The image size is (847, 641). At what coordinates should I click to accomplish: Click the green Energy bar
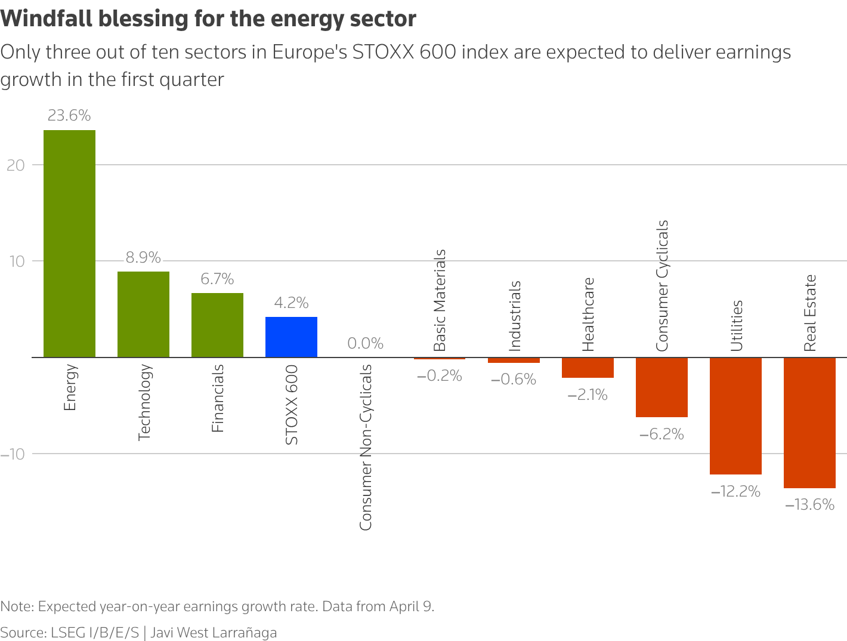tap(69, 244)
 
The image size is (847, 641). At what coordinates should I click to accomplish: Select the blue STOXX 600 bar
tap(291, 337)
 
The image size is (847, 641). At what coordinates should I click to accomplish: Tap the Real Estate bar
tap(809, 423)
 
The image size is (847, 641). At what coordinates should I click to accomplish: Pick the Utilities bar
tap(735, 416)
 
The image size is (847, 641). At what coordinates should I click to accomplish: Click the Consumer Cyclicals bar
tap(661, 387)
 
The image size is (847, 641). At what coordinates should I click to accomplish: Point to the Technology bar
tap(143, 315)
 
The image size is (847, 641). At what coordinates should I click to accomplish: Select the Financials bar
tap(217, 325)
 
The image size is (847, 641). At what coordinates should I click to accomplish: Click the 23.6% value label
tap(69, 116)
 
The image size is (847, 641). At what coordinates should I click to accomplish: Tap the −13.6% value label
tap(809, 505)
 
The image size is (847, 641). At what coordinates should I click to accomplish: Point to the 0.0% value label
tap(365, 343)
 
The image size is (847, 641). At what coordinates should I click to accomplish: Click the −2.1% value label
tap(588, 395)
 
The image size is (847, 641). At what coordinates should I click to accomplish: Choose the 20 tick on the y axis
tap(16, 165)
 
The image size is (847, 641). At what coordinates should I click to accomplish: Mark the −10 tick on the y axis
tap(13, 454)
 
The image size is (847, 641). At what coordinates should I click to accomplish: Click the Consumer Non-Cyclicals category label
tap(366, 447)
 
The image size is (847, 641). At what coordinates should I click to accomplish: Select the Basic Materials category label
tap(440, 300)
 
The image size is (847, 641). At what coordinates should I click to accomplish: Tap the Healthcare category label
tap(588, 315)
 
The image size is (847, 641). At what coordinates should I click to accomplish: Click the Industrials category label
tap(514, 316)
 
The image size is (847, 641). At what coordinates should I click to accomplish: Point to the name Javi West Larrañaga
tap(214, 633)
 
